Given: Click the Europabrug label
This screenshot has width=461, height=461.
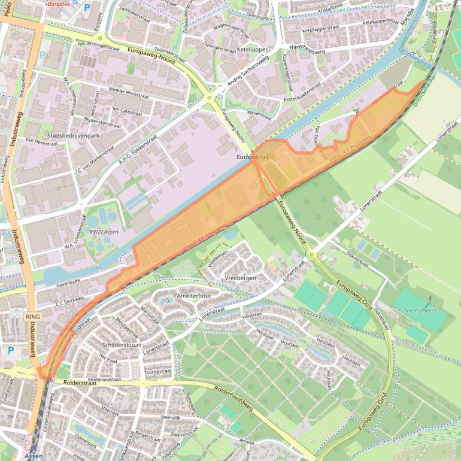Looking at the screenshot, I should pyautogui.click(x=253, y=157).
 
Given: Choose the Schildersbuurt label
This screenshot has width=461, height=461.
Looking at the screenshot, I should pyautogui.click(x=121, y=345).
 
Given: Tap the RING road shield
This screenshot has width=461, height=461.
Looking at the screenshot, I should pyautogui.click(x=32, y=316).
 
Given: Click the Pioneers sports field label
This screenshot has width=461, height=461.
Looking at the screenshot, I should pyautogui.click(x=420, y=311).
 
